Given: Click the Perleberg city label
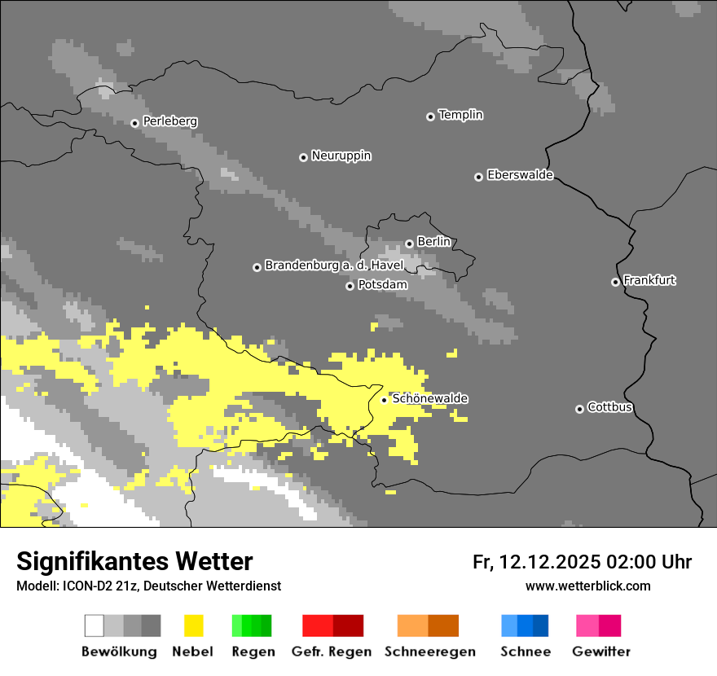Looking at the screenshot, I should click(169, 121).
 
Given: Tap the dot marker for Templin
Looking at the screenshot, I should click(430, 116).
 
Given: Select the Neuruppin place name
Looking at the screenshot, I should click(341, 156).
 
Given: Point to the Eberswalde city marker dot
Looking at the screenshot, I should click(478, 177).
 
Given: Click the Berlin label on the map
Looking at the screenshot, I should click(433, 242).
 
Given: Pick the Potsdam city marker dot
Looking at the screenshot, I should click(350, 286).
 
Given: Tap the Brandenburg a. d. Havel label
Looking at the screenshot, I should click(334, 266).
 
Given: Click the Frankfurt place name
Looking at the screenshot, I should click(649, 280).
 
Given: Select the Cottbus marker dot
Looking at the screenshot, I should click(579, 409).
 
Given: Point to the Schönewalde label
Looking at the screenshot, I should click(429, 398).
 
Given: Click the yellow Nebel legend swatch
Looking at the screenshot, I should click(194, 626).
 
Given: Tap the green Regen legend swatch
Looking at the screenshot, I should click(252, 626).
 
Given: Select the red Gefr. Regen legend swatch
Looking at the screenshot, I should click(332, 626).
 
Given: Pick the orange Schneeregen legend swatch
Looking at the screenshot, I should click(428, 626).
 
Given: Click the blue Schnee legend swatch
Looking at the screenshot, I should click(525, 626).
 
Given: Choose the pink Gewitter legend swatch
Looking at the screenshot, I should click(599, 626).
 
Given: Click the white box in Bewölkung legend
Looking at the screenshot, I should click(95, 626).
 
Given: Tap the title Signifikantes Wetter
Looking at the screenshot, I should click(134, 561).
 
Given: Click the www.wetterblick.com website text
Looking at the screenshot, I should click(587, 586).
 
